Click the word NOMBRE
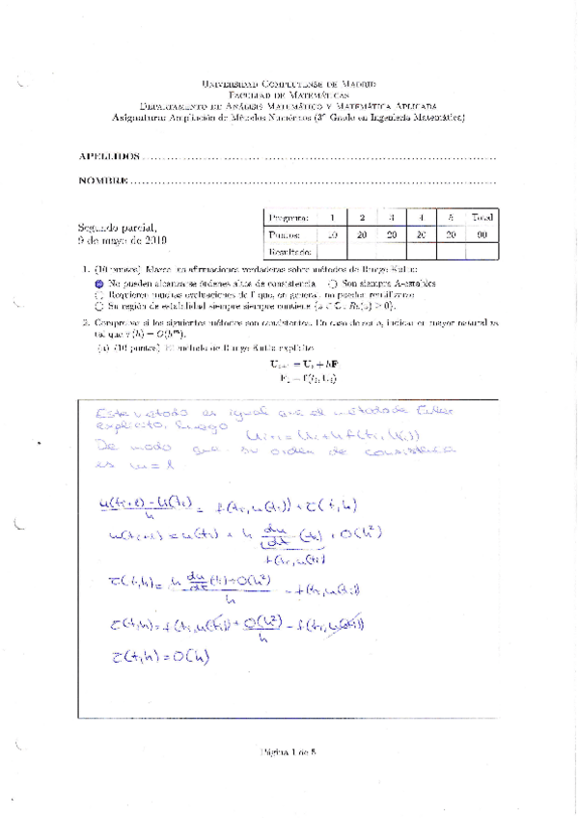pyautogui.click(x=103, y=180)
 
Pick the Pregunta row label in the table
pyautogui.click(x=289, y=218)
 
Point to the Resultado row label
pyautogui.click(x=289, y=251)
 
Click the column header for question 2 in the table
pyautogui.click(x=361, y=218)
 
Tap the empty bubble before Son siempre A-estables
pyautogui.click(x=331, y=284)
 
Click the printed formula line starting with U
pyautogui.click(x=289, y=363)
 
